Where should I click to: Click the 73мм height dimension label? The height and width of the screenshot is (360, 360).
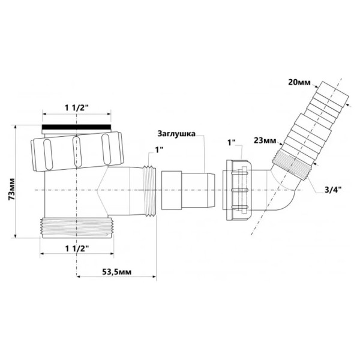point(11,189)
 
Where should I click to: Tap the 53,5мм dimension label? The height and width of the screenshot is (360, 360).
point(116,272)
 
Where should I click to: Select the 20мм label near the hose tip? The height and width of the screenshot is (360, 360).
point(299,82)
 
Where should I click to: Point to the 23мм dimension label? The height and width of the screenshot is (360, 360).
point(265,140)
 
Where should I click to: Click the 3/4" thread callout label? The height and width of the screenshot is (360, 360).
point(333,190)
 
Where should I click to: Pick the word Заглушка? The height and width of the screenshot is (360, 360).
point(176,134)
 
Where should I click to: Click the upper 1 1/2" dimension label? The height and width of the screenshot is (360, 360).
point(76,107)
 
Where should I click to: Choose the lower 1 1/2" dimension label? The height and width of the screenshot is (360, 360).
point(77,248)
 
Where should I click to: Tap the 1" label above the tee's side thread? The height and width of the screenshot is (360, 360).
point(159,150)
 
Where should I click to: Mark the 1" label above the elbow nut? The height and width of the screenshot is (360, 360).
point(232,142)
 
